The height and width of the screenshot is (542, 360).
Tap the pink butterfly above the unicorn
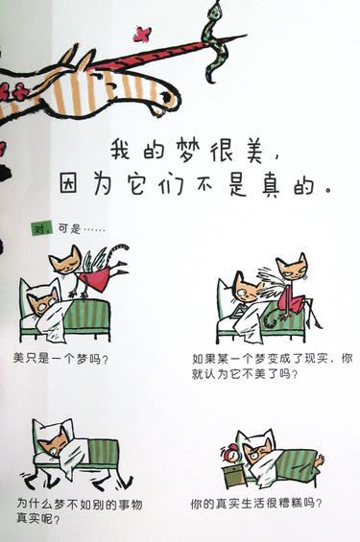[142, 35]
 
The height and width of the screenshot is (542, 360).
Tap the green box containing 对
[42, 228]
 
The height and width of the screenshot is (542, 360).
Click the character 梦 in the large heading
[188, 151]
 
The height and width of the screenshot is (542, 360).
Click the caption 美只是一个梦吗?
[60, 359]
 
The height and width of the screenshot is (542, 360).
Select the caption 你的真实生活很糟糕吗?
[256, 503]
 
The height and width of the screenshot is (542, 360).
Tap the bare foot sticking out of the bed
[319, 460]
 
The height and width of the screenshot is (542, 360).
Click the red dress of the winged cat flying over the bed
[95, 277]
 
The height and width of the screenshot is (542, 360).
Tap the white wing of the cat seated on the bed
[272, 283]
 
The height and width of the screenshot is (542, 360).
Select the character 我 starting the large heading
[120, 150]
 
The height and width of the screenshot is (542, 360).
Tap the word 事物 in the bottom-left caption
[130, 505]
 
